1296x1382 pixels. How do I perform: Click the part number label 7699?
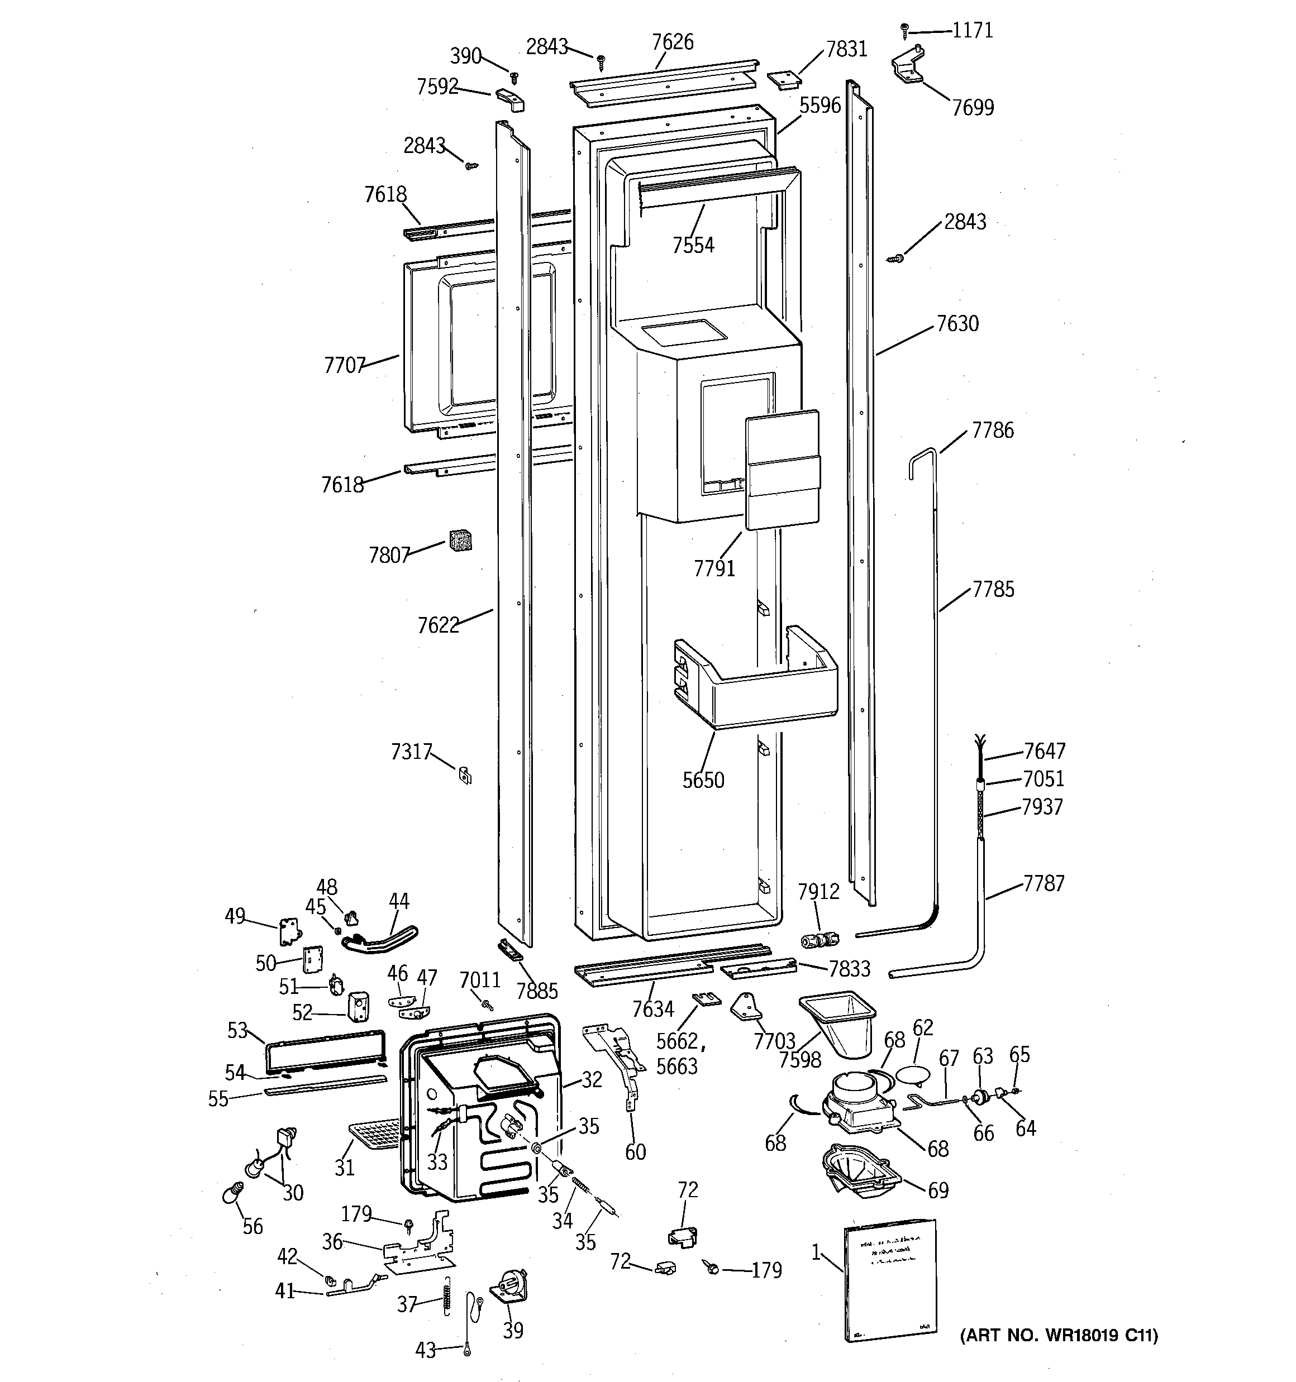pos(973,108)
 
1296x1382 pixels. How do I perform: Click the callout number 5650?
pos(703,780)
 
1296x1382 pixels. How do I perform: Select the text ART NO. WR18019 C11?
pos(1059,1336)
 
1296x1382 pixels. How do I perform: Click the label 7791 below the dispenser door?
pos(714,568)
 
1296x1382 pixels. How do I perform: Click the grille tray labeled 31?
pos(374,1137)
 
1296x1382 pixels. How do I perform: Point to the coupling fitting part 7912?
pos(819,940)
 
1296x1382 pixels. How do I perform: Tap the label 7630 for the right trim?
pos(957,324)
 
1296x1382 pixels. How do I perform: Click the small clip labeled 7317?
pos(465,774)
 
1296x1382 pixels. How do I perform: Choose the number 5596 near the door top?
pos(819,106)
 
